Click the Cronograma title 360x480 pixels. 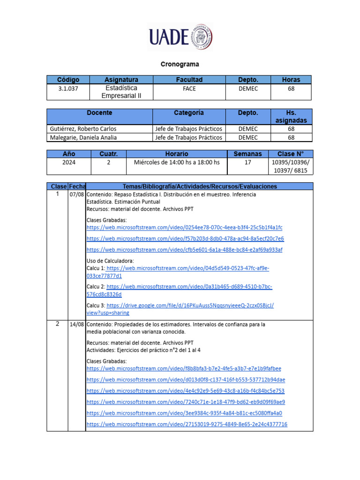pos(180,64)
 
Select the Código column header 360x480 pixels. pos(68,80)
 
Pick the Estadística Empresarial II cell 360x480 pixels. pos(121,92)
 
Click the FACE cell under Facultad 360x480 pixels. pos(189,88)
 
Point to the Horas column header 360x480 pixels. pos(291,80)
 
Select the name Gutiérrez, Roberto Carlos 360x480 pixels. pos(83,128)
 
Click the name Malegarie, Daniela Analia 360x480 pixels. pos(83,137)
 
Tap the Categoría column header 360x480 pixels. pos(189,113)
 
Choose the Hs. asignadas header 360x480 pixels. pos(291,116)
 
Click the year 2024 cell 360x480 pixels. pos(68,162)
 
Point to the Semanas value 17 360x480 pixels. pos(247,162)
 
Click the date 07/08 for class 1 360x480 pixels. pos(76,194)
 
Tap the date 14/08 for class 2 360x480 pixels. pos(76,324)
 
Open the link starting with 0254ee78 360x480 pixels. pos(185,227)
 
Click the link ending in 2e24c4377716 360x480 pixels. pos(187,424)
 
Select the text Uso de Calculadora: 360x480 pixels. pos(110,261)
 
